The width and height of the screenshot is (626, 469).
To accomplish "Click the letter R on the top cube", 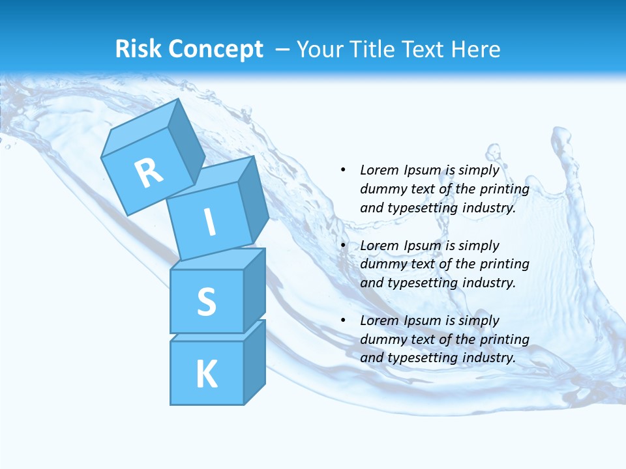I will coord(149,173).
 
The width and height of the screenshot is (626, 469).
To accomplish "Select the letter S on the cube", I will coord(206,302).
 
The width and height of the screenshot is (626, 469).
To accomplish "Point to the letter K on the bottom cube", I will coord(206,374).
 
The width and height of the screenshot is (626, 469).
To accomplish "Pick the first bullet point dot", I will coord(343,170).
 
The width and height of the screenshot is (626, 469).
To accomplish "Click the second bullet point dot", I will coord(343,246).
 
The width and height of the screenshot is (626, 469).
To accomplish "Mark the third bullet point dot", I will coord(343,320).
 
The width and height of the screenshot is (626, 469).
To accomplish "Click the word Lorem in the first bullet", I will coord(379,170).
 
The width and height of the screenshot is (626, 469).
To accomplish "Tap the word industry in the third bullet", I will coord(488,358).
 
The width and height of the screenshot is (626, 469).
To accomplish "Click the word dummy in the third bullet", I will coord(381,339).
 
